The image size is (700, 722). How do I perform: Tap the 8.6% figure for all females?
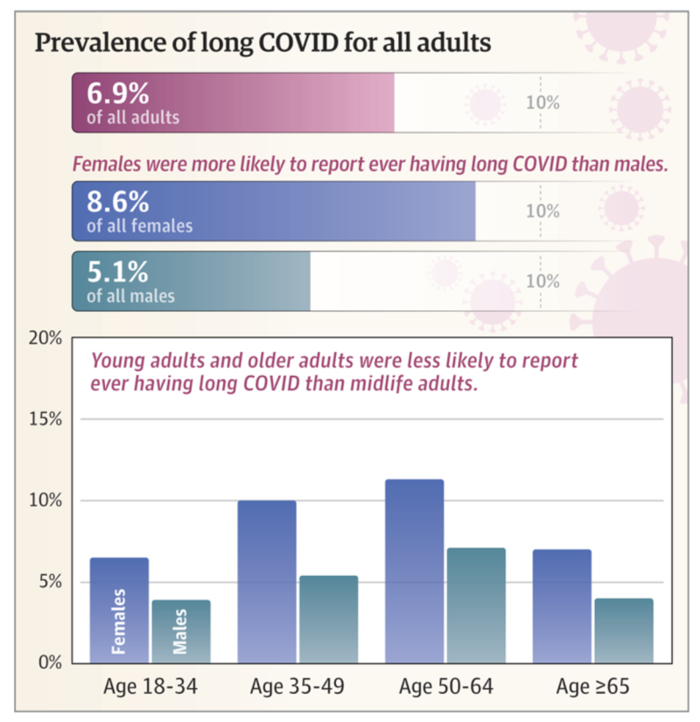pyautogui.click(x=117, y=202)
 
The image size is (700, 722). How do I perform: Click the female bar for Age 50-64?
pyautogui.click(x=414, y=570)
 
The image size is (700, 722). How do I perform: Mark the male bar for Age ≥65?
pyautogui.click(x=624, y=630)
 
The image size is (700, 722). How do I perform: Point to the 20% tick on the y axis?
pyautogui.click(x=45, y=338)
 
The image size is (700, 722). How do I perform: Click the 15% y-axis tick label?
pyautogui.click(x=45, y=419)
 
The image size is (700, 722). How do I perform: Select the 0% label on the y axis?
pyautogui.click(x=49, y=662)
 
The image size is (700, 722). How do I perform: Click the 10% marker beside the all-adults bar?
pyautogui.click(x=542, y=103)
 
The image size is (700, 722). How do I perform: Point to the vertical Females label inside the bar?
pyautogui.click(x=119, y=621)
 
